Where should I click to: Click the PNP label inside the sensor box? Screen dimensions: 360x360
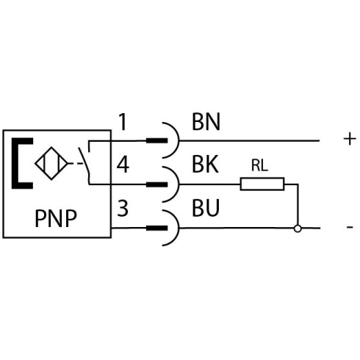(56, 218)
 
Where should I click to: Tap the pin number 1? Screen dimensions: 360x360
(123, 122)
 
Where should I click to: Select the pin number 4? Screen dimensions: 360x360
(123, 165)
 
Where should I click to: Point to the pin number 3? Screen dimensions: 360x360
(123, 208)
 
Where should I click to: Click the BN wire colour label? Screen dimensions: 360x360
(206, 122)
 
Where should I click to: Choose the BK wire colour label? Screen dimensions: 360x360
(205, 165)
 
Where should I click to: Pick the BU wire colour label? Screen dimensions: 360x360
(206, 208)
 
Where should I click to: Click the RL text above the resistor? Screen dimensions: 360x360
(259, 165)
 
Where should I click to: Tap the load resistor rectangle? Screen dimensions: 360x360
(262, 184)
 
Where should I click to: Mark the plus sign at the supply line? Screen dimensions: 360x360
(350, 139)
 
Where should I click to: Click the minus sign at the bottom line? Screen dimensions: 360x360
(350, 227)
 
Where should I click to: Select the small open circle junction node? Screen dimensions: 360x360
(298, 228)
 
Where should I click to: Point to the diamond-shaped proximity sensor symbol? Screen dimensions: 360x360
(51, 163)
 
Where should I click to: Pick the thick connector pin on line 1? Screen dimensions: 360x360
(156, 140)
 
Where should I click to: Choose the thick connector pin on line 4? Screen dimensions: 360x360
(156, 184)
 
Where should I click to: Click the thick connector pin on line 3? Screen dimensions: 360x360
(156, 228)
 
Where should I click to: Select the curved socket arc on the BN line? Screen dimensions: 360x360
(179, 140)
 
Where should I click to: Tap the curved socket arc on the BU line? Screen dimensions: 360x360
(179, 228)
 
